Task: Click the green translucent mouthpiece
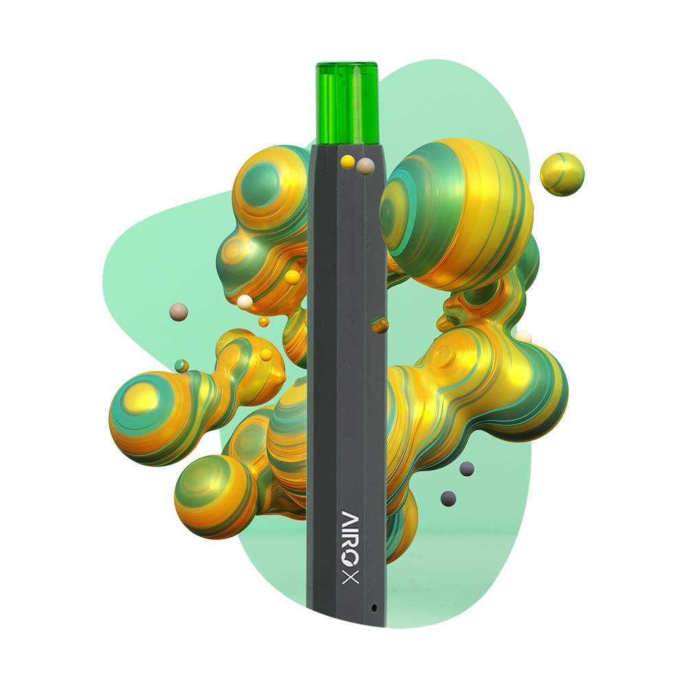[346, 103]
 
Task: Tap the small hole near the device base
[373, 607]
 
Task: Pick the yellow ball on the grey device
[348, 161]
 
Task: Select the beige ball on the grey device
[366, 166]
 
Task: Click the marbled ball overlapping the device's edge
[379, 324]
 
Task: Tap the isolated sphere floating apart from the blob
[562, 174]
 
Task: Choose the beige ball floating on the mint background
[178, 312]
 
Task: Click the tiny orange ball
[263, 321]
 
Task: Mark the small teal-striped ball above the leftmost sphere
[181, 366]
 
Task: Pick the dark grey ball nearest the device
[449, 498]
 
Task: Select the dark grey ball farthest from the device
[466, 469]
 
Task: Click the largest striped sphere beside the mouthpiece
[456, 213]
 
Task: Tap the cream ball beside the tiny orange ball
[245, 300]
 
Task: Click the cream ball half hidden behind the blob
[525, 336]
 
